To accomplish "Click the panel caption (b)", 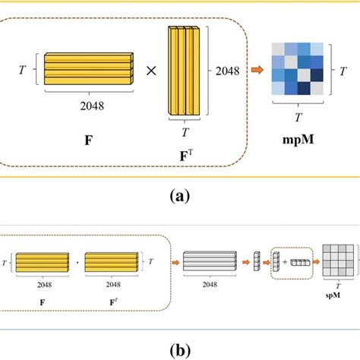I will click(179, 352).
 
